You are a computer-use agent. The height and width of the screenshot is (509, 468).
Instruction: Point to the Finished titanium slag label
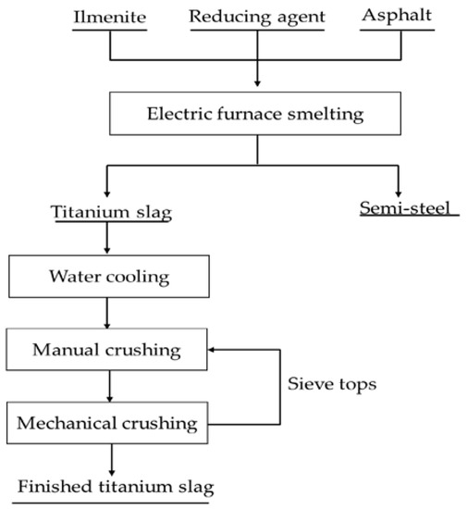point(123,485)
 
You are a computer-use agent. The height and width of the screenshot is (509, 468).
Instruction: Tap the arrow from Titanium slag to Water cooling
point(108,241)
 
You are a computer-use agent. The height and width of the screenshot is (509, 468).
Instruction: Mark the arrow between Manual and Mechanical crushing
point(108,388)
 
